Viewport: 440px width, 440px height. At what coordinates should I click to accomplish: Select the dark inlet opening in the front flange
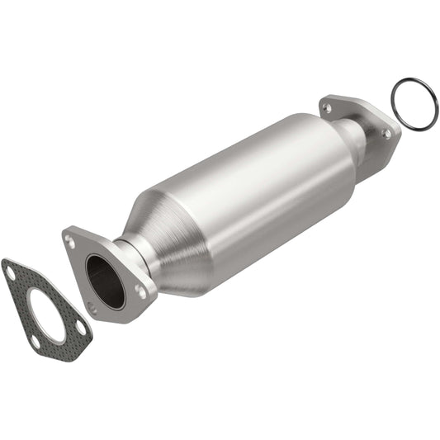pos(105,281)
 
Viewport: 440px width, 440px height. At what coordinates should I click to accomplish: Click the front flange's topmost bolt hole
pos(70,243)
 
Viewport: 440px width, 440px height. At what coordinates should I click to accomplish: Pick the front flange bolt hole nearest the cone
pos(142,291)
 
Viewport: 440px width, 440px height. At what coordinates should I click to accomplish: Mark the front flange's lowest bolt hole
pos(92,310)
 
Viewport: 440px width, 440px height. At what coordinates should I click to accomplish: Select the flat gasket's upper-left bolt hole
pos(9,270)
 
